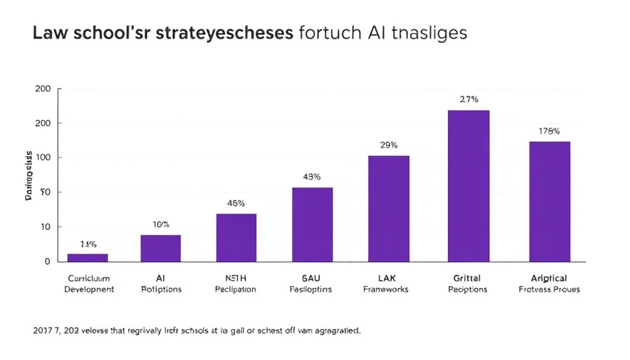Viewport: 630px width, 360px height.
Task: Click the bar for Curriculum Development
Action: pyautogui.click(x=87, y=257)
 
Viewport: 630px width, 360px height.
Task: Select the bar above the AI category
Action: pyautogui.click(x=160, y=247)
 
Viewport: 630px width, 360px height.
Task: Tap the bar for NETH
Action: pyautogui.click(x=236, y=237)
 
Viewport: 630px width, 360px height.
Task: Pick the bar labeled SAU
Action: pyautogui.click(x=312, y=224)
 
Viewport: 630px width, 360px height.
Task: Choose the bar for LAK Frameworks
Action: pyautogui.click(x=389, y=208)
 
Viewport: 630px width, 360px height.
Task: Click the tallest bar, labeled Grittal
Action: pyautogui.click(x=468, y=186)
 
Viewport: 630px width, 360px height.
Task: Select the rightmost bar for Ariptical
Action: pyautogui.click(x=549, y=201)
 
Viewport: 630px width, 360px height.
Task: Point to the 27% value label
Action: pyautogui.click(x=469, y=99)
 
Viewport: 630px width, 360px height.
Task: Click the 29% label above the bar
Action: pyautogui.click(x=389, y=145)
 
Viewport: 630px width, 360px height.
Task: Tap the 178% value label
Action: pyautogui.click(x=549, y=131)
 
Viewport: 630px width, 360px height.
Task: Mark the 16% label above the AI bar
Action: pyautogui.click(x=160, y=224)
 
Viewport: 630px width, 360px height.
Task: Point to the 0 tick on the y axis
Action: pyautogui.click(x=47, y=262)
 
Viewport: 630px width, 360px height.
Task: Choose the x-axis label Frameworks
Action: pyautogui.click(x=385, y=290)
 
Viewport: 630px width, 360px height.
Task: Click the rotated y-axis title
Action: pyautogui.click(x=29, y=175)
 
